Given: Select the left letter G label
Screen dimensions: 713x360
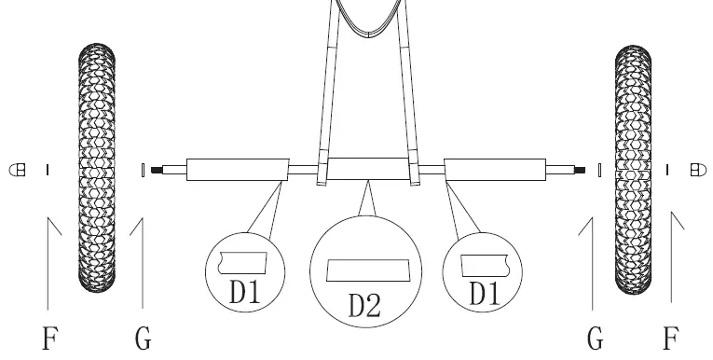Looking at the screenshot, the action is point(143,337).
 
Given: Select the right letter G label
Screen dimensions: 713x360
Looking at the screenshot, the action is point(593,337).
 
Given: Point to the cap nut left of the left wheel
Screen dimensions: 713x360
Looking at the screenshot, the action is point(16,170).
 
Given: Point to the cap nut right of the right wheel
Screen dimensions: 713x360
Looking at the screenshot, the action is point(695,170).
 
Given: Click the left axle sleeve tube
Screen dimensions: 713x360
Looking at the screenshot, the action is point(236,171).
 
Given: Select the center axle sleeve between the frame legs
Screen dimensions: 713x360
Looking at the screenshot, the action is point(369,171).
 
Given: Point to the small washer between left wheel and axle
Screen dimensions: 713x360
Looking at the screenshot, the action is point(141,171).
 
